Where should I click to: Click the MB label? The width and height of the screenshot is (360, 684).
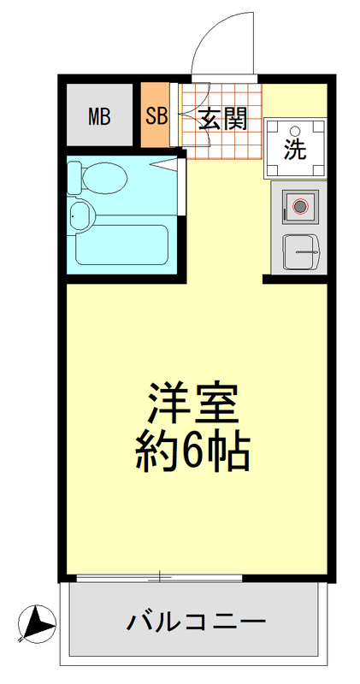point(99,116)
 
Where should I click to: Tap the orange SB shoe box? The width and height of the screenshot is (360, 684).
point(156,115)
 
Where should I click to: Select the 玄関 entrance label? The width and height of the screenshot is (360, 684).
point(223,118)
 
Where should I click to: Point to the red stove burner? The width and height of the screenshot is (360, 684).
point(299,206)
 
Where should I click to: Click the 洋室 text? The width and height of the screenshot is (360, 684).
point(192,401)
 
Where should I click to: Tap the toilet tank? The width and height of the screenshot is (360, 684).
point(74,177)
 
